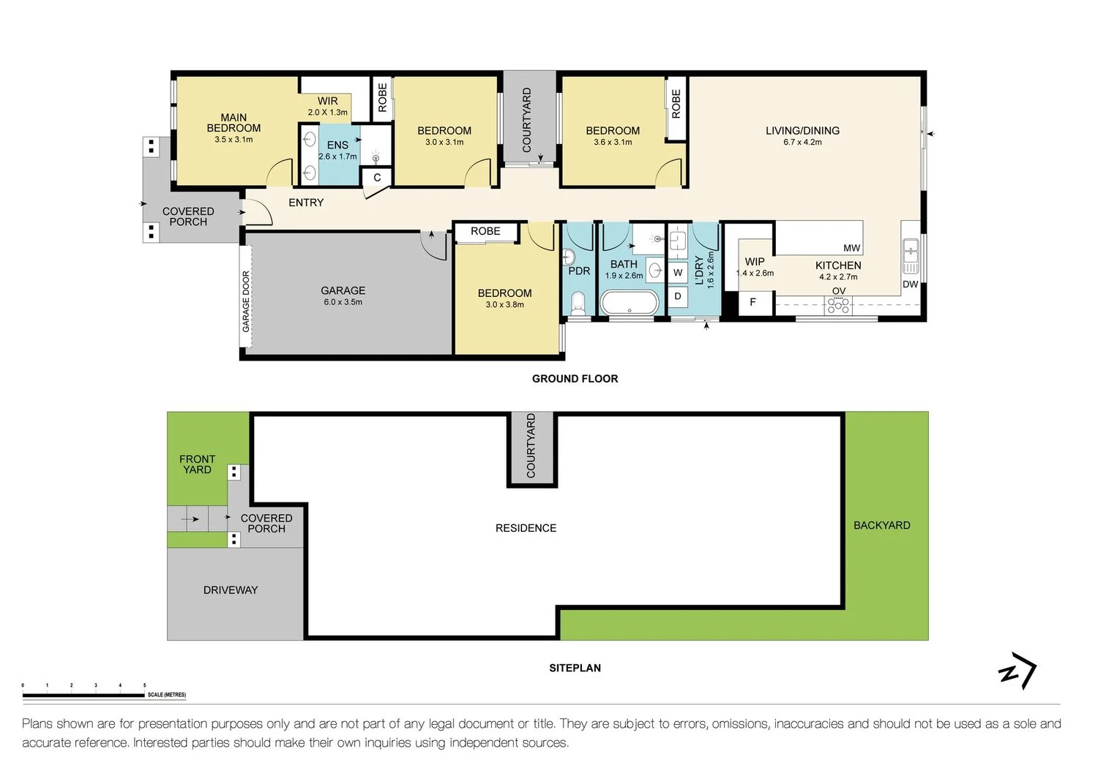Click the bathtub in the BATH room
(630, 303)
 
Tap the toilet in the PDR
(578, 304)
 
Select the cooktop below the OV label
(838, 306)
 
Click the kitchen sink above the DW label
(911, 257)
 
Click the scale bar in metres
(83, 695)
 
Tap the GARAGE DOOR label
(246, 301)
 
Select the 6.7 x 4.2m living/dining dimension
(802, 143)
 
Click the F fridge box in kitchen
(753, 303)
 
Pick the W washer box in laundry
(678, 273)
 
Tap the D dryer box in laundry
(678, 296)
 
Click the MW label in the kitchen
(851, 249)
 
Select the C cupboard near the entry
(376, 177)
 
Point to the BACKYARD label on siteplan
(882, 525)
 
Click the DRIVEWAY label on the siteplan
(231, 590)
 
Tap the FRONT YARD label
(197, 464)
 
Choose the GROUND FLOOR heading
(575, 379)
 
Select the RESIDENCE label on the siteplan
(526, 528)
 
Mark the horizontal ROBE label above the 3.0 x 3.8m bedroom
(485, 231)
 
